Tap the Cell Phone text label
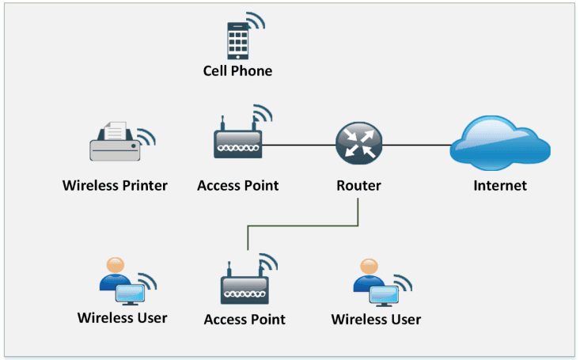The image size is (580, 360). click(237, 71)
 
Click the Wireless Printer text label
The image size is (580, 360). click(115, 186)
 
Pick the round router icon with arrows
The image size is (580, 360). click(358, 143)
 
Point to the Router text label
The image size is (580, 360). click(358, 186)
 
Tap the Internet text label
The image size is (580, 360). click(499, 186)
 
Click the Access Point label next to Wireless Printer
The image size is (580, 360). click(237, 186)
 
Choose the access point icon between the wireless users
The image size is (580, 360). click(244, 286)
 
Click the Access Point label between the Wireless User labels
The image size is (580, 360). click(245, 320)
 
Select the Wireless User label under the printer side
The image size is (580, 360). click(123, 318)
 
